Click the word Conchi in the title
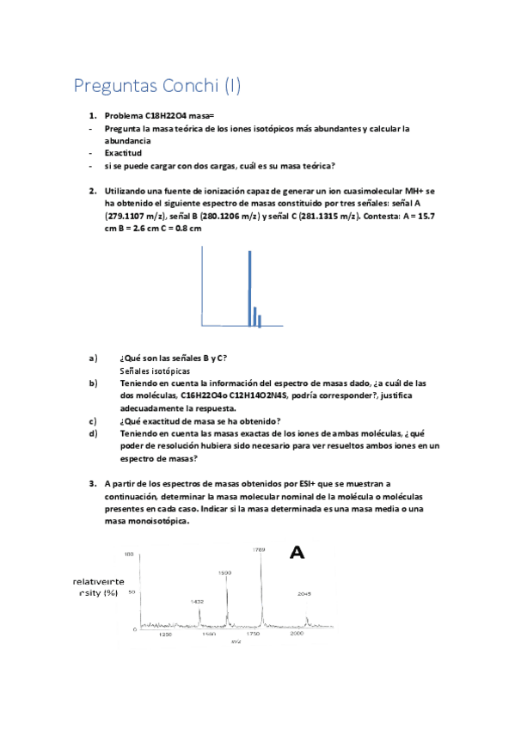coord(187,86)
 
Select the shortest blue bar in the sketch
coord(260,321)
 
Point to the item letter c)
coord(93,420)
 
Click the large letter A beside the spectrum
coord(297,553)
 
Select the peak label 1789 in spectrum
coord(259,549)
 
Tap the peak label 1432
coord(198,601)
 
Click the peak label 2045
coord(303,593)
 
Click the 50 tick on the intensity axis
coord(132,592)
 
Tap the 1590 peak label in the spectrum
coord(224,572)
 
